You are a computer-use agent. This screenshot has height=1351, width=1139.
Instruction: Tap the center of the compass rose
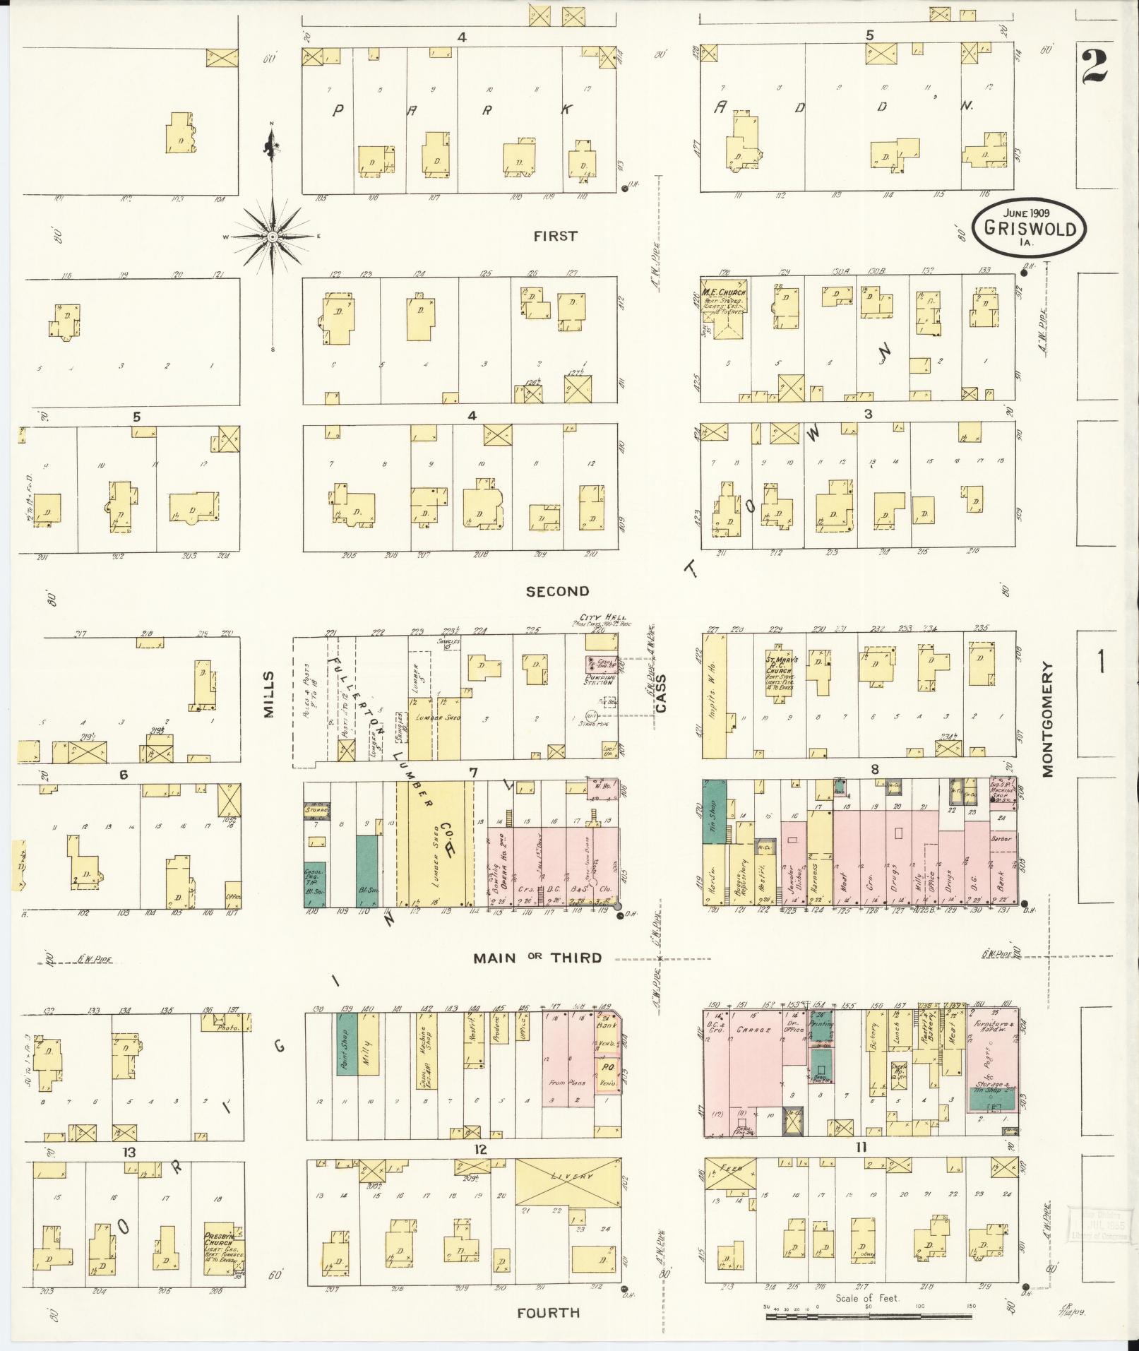273,236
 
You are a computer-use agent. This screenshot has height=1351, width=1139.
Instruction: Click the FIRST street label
555,236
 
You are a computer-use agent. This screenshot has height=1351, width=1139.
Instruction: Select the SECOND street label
557,591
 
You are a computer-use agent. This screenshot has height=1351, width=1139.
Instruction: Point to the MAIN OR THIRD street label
537,958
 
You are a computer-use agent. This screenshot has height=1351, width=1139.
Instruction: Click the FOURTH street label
548,1312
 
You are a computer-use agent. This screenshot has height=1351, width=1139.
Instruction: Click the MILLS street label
268,695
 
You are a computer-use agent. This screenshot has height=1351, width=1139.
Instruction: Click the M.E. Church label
724,292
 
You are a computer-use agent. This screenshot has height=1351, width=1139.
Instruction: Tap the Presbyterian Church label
223,1241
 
